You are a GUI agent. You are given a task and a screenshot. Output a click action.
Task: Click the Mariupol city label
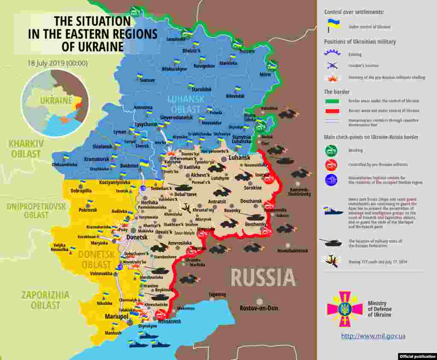[x=117, y=317]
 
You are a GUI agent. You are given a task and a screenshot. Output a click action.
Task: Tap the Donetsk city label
[x=137, y=237]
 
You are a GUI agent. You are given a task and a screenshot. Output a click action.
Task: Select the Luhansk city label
[x=239, y=157]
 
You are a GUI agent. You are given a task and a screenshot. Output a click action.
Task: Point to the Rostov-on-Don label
[x=259, y=308]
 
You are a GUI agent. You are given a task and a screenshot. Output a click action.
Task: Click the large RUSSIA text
[x=263, y=278]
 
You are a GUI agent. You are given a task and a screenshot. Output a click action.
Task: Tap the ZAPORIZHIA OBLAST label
[x=46, y=300]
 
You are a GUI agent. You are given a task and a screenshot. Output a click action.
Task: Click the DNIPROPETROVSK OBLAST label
[x=36, y=211]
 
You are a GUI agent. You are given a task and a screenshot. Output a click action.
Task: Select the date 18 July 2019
[x=58, y=63]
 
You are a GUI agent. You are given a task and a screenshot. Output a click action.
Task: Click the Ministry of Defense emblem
[x=344, y=309]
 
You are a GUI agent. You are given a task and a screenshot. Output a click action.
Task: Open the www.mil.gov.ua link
[x=373, y=336]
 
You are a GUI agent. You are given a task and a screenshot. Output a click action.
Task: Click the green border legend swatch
[x=332, y=101]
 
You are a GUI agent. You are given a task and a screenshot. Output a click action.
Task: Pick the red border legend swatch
[x=332, y=111]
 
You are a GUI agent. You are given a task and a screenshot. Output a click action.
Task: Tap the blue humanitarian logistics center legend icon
[x=331, y=180]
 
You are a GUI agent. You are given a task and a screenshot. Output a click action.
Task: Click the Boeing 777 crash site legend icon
[x=332, y=261]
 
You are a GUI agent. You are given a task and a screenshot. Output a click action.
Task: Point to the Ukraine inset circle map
[x=55, y=103]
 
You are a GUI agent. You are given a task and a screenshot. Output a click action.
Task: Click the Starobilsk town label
[x=201, y=90]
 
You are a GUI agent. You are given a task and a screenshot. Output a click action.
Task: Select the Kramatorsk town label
[x=96, y=159]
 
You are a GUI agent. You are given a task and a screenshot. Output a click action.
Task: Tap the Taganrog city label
[x=217, y=294]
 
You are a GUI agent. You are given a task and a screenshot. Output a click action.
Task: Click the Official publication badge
[x=417, y=356]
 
